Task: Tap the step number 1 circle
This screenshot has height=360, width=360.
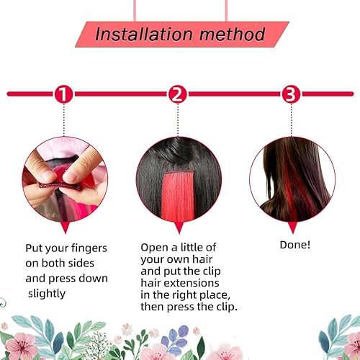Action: [x=64, y=94]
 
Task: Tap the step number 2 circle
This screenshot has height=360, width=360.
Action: [x=178, y=94]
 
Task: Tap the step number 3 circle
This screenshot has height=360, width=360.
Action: [x=290, y=94]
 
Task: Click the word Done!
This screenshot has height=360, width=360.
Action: [x=294, y=246]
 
